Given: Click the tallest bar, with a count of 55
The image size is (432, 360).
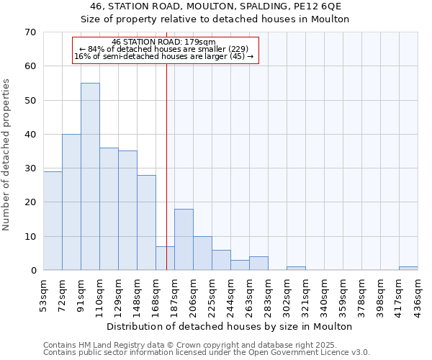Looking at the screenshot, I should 90,176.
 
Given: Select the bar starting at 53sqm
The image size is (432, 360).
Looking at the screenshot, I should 53,220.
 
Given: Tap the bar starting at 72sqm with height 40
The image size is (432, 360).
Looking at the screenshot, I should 71,202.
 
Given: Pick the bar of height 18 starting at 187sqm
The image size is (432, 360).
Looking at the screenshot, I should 184,239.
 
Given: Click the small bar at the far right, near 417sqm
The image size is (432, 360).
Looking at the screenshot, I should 408,269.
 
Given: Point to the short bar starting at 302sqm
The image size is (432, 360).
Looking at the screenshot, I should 296,269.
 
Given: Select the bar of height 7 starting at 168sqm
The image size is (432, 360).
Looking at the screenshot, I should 165,258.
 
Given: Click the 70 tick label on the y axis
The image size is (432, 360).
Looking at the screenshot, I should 30,32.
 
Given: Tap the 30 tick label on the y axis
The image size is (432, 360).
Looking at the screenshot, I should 30,168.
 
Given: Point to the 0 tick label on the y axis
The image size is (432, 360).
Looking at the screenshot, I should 33,271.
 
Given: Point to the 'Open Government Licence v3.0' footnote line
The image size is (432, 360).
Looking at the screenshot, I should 206,353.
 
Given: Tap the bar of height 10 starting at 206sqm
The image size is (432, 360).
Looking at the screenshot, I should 202,253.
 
